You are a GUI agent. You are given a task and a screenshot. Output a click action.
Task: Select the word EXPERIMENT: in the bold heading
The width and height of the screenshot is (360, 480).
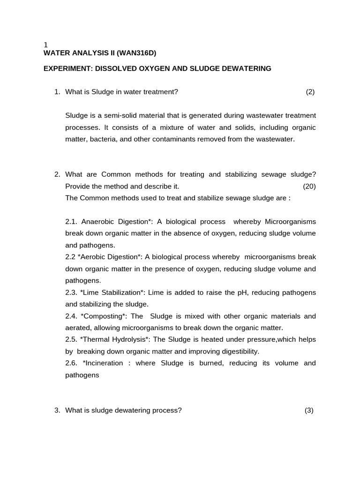[x=68, y=68]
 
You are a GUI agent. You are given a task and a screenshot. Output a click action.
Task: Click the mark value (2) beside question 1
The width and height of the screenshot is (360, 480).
[x=310, y=92]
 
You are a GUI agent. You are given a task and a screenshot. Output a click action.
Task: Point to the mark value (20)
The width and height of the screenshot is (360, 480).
[x=309, y=186]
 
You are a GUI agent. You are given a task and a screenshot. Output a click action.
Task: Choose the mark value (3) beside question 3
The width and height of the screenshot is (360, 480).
[x=309, y=410]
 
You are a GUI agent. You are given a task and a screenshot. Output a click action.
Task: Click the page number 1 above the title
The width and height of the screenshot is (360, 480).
[x=45, y=45]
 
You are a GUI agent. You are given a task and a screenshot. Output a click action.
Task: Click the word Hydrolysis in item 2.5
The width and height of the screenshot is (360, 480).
[x=128, y=339]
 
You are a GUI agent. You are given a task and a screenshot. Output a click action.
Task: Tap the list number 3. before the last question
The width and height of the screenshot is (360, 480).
[x=57, y=410]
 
